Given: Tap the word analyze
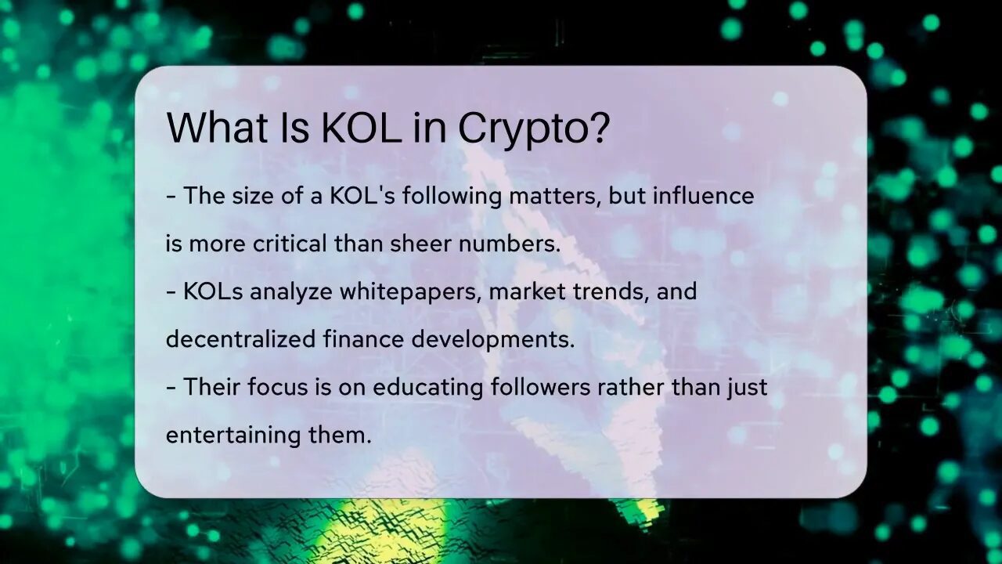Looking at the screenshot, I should [x=292, y=292].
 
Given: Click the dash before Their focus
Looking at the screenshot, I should [x=171, y=388].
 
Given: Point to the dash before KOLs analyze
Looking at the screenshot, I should [x=171, y=292].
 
